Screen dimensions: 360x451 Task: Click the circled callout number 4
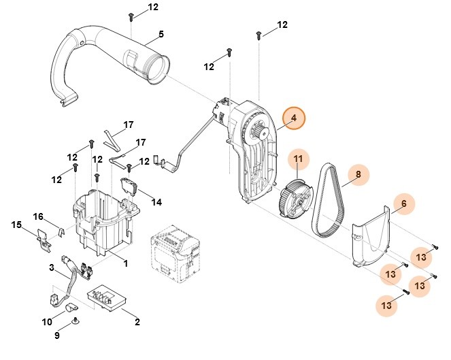coord(294,118)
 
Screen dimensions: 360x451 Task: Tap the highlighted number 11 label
coord(298,160)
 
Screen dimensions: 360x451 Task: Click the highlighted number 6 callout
coord(403,203)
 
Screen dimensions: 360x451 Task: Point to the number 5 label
coord(161,34)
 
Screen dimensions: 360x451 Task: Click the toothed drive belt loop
coord(328,202)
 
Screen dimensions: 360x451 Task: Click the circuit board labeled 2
coord(108,297)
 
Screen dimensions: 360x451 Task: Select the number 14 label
coord(156,202)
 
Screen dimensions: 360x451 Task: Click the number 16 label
coord(39,216)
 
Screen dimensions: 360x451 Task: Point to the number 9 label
coord(57,336)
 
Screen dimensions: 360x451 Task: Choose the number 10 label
coord(47,321)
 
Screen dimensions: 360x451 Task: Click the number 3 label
coord(51,268)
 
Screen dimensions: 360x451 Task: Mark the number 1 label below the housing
coord(124,262)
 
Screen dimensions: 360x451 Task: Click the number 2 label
coord(137,321)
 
